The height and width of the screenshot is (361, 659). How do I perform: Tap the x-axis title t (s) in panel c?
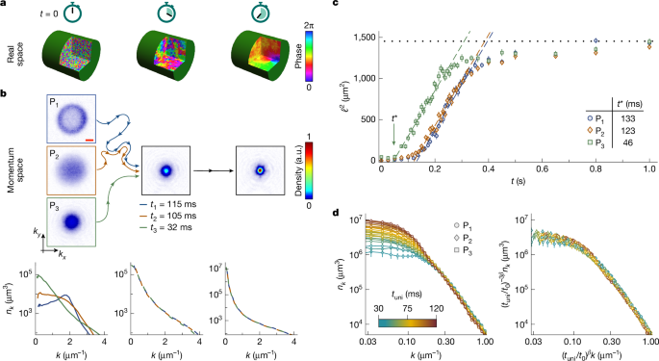coord(519,180)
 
